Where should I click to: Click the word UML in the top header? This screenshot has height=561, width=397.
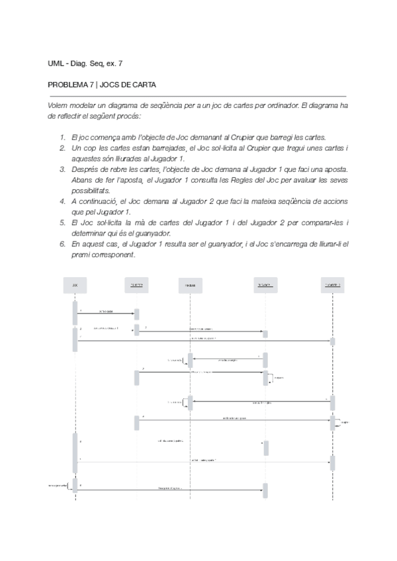click(x=56, y=64)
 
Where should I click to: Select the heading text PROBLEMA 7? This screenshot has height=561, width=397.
click(x=71, y=85)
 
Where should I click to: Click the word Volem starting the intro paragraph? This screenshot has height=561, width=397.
click(x=58, y=105)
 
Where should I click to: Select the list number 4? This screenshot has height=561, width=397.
click(x=62, y=200)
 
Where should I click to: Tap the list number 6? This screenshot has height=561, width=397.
click(x=62, y=244)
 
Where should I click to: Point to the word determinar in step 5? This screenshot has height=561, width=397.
click(x=87, y=233)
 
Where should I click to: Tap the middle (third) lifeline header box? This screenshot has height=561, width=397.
click(x=189, y=285)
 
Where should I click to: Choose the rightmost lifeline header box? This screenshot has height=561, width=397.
click(x=332, y=285)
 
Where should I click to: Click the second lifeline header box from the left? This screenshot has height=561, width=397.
click(x=137, y=285)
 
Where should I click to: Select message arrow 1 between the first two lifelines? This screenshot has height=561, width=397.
click(x=106, y=314)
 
